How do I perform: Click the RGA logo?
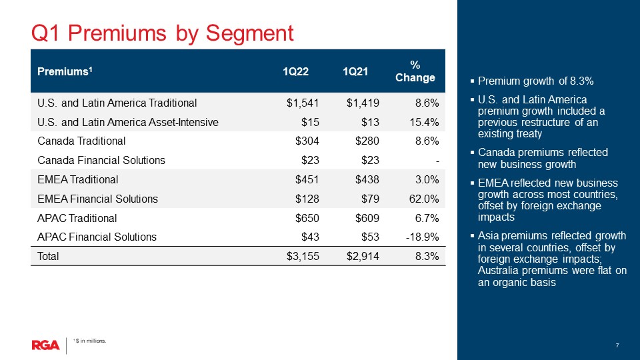pos(45,345)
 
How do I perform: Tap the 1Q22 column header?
pos(295,71)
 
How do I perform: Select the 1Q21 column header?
pos(355,71)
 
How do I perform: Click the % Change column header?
pos(415,71)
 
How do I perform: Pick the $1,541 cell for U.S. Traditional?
pos(303,103)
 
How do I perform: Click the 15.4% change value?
pos(424,122)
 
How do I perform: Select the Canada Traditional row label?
pos(81,141)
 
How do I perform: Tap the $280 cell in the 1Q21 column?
pos(367,141)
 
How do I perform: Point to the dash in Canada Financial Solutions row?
pos(437,161)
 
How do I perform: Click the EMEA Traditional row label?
pos(77,179)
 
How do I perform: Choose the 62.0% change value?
pos(424,199)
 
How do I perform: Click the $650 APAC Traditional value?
pos(307,218)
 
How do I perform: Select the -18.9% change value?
pos(422,237)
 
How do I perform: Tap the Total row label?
pos(48,256)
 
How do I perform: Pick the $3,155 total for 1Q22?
pos(303,256)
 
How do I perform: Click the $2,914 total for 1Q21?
pos(363,256)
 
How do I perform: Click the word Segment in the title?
pos(249,33)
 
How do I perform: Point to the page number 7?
pos(617,345)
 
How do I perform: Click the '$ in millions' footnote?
pos(89,341)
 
